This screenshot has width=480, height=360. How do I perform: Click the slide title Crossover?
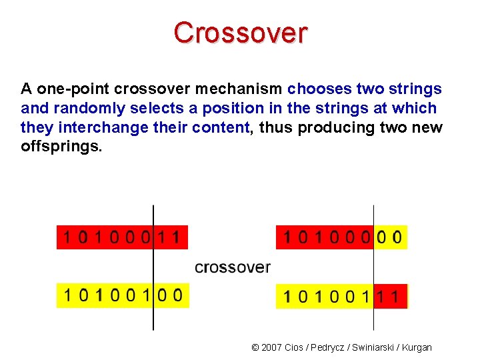click(x=241, y=33)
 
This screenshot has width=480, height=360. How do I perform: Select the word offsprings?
click(x=62, y=146)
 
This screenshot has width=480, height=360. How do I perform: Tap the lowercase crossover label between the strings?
click(x=233, y=267)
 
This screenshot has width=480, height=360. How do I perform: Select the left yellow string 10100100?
click(x=123, y=295)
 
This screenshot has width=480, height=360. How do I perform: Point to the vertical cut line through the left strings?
click(x=153, y=267)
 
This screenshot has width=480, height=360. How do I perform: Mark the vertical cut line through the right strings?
click(x=373, y=267)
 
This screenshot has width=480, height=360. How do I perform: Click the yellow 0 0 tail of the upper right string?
click(x=390, y=237)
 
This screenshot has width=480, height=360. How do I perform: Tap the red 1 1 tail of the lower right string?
click(x=390, y=296)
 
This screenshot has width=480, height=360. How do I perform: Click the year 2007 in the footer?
click(x=271, y=347)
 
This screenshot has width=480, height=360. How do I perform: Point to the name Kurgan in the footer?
click(x=417, y=347)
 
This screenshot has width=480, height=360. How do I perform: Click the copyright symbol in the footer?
click(x=255, y=347)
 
